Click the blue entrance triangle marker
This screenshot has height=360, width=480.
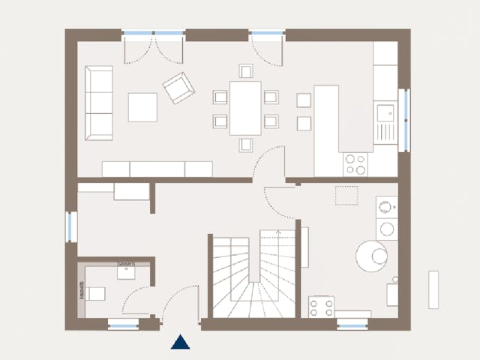click(180, 342)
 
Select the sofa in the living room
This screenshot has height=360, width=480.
click(98, 103)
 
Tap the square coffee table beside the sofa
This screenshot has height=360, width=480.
click(142, 106)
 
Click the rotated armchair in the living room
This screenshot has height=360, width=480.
click(178, 88)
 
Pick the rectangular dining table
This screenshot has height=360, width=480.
click(245, 108)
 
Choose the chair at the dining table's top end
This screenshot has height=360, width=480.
click(245, 71)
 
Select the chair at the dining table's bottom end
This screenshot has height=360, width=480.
click(245, 144)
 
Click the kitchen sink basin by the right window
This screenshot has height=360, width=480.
click(385, 114)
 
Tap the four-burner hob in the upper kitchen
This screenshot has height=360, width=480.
click(355, 164)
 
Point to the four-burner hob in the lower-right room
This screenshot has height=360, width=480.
click(321, 307)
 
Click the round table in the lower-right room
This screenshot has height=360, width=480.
click(372, 256)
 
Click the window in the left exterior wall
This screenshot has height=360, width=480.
click(70, 226)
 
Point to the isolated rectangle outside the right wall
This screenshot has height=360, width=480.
click(433, 289)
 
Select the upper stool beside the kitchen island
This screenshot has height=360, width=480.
click(304, 100)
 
